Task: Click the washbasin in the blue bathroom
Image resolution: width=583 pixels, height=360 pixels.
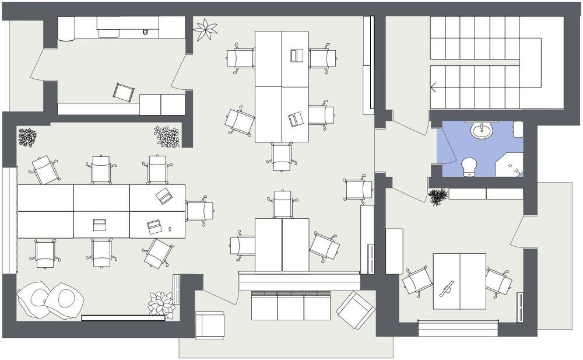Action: click(x=482, y=130)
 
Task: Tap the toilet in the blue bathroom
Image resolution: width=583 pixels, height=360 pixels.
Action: click(x=469, y=166)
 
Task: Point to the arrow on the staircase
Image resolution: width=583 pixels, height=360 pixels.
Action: click(x=434, y=88)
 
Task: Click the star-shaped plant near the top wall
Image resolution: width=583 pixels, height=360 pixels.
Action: click(x=205, y=30)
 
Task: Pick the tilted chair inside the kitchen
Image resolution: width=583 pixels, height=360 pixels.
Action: click(x=124, y=92)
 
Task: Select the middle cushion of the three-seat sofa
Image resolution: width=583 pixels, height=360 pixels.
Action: click(x=290, y=306)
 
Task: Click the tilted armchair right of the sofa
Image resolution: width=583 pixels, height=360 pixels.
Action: click(x=356, y=310)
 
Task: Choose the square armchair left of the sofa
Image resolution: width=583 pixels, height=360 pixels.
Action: click(x=209, y=325)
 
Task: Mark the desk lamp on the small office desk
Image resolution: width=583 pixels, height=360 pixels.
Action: click(x=447, y=289)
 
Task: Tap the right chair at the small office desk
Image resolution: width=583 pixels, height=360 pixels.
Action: click(x=498, y=282)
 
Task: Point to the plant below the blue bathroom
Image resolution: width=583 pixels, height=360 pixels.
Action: click(x=438, y=197)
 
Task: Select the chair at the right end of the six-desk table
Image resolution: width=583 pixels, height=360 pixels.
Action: click(x=199, y=211)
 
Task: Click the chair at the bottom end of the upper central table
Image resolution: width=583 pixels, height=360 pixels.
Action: click(x=282, y=156)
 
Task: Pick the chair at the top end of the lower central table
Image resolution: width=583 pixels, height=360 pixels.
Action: click(x=283, y=204)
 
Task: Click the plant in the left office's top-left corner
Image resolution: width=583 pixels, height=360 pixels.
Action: click(x=27, y=138)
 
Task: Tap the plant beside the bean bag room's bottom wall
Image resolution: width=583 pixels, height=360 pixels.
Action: click(x=161, y=305)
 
